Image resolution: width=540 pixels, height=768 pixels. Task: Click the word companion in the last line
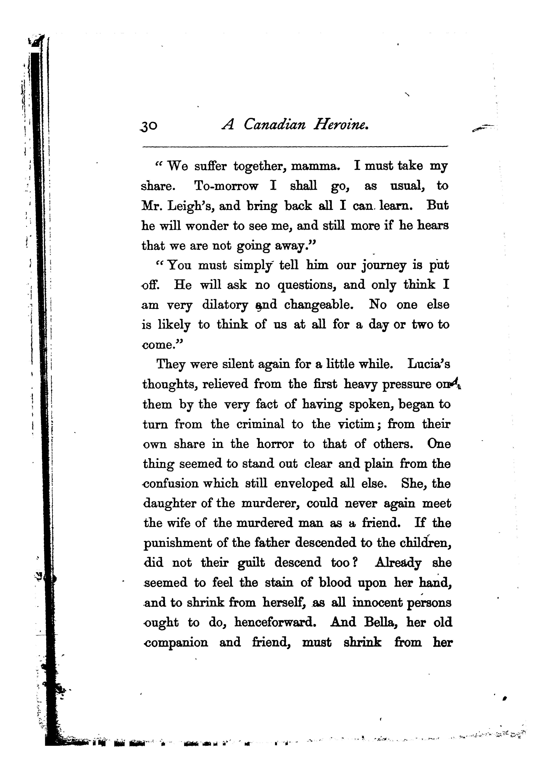click(176, 643)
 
